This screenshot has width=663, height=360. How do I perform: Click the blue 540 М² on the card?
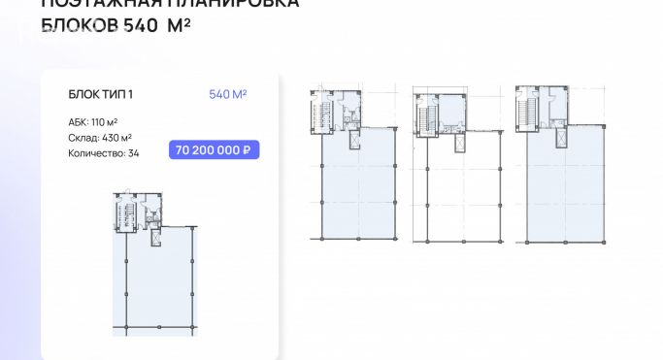(x=228, y=94)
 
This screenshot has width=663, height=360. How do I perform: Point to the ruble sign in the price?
(x=249, y=150)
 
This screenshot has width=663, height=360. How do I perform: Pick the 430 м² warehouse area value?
(x=116, y=138)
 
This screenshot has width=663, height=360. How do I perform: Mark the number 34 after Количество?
(x=134, y=153)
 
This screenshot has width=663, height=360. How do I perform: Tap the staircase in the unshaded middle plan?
(x=423, y=117)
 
